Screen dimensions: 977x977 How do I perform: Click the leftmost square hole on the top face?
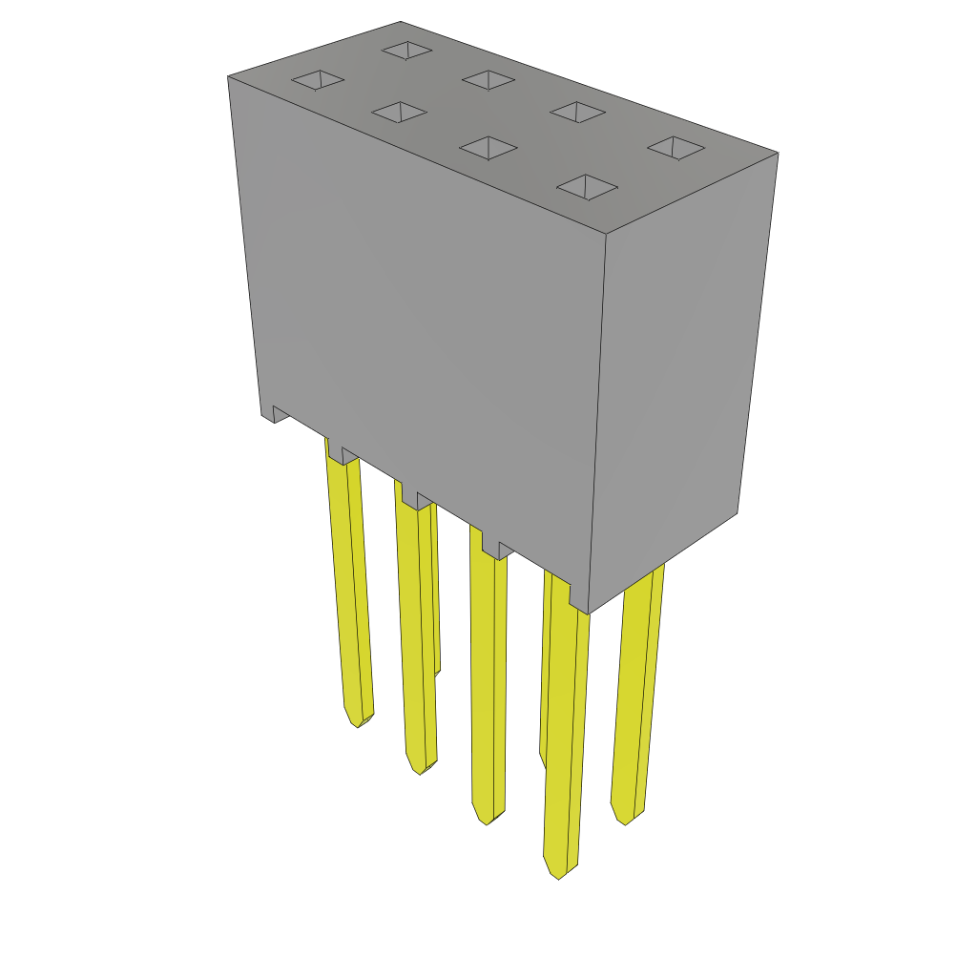318,80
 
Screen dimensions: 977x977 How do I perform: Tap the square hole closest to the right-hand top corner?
676,147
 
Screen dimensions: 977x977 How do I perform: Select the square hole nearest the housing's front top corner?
587,187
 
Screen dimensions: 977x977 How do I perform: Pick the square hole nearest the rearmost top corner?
406,50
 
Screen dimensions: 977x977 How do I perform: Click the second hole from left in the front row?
400,113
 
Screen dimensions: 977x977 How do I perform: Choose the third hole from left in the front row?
488,148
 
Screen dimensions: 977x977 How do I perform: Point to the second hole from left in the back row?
488,80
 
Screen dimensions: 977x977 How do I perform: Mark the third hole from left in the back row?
577,112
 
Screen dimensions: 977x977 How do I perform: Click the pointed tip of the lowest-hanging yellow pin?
558,876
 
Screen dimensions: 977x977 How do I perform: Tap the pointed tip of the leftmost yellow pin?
357,725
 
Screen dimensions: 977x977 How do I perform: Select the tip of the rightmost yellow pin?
624,821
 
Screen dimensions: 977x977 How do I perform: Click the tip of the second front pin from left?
420,771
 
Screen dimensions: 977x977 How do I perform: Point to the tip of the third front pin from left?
487,822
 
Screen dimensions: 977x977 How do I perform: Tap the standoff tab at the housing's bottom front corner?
578,600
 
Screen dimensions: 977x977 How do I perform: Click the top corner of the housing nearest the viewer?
607,234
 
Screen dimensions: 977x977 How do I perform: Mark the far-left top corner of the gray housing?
229,76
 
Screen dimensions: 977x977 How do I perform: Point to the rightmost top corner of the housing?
778,153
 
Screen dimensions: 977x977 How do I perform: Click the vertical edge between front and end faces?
598,420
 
